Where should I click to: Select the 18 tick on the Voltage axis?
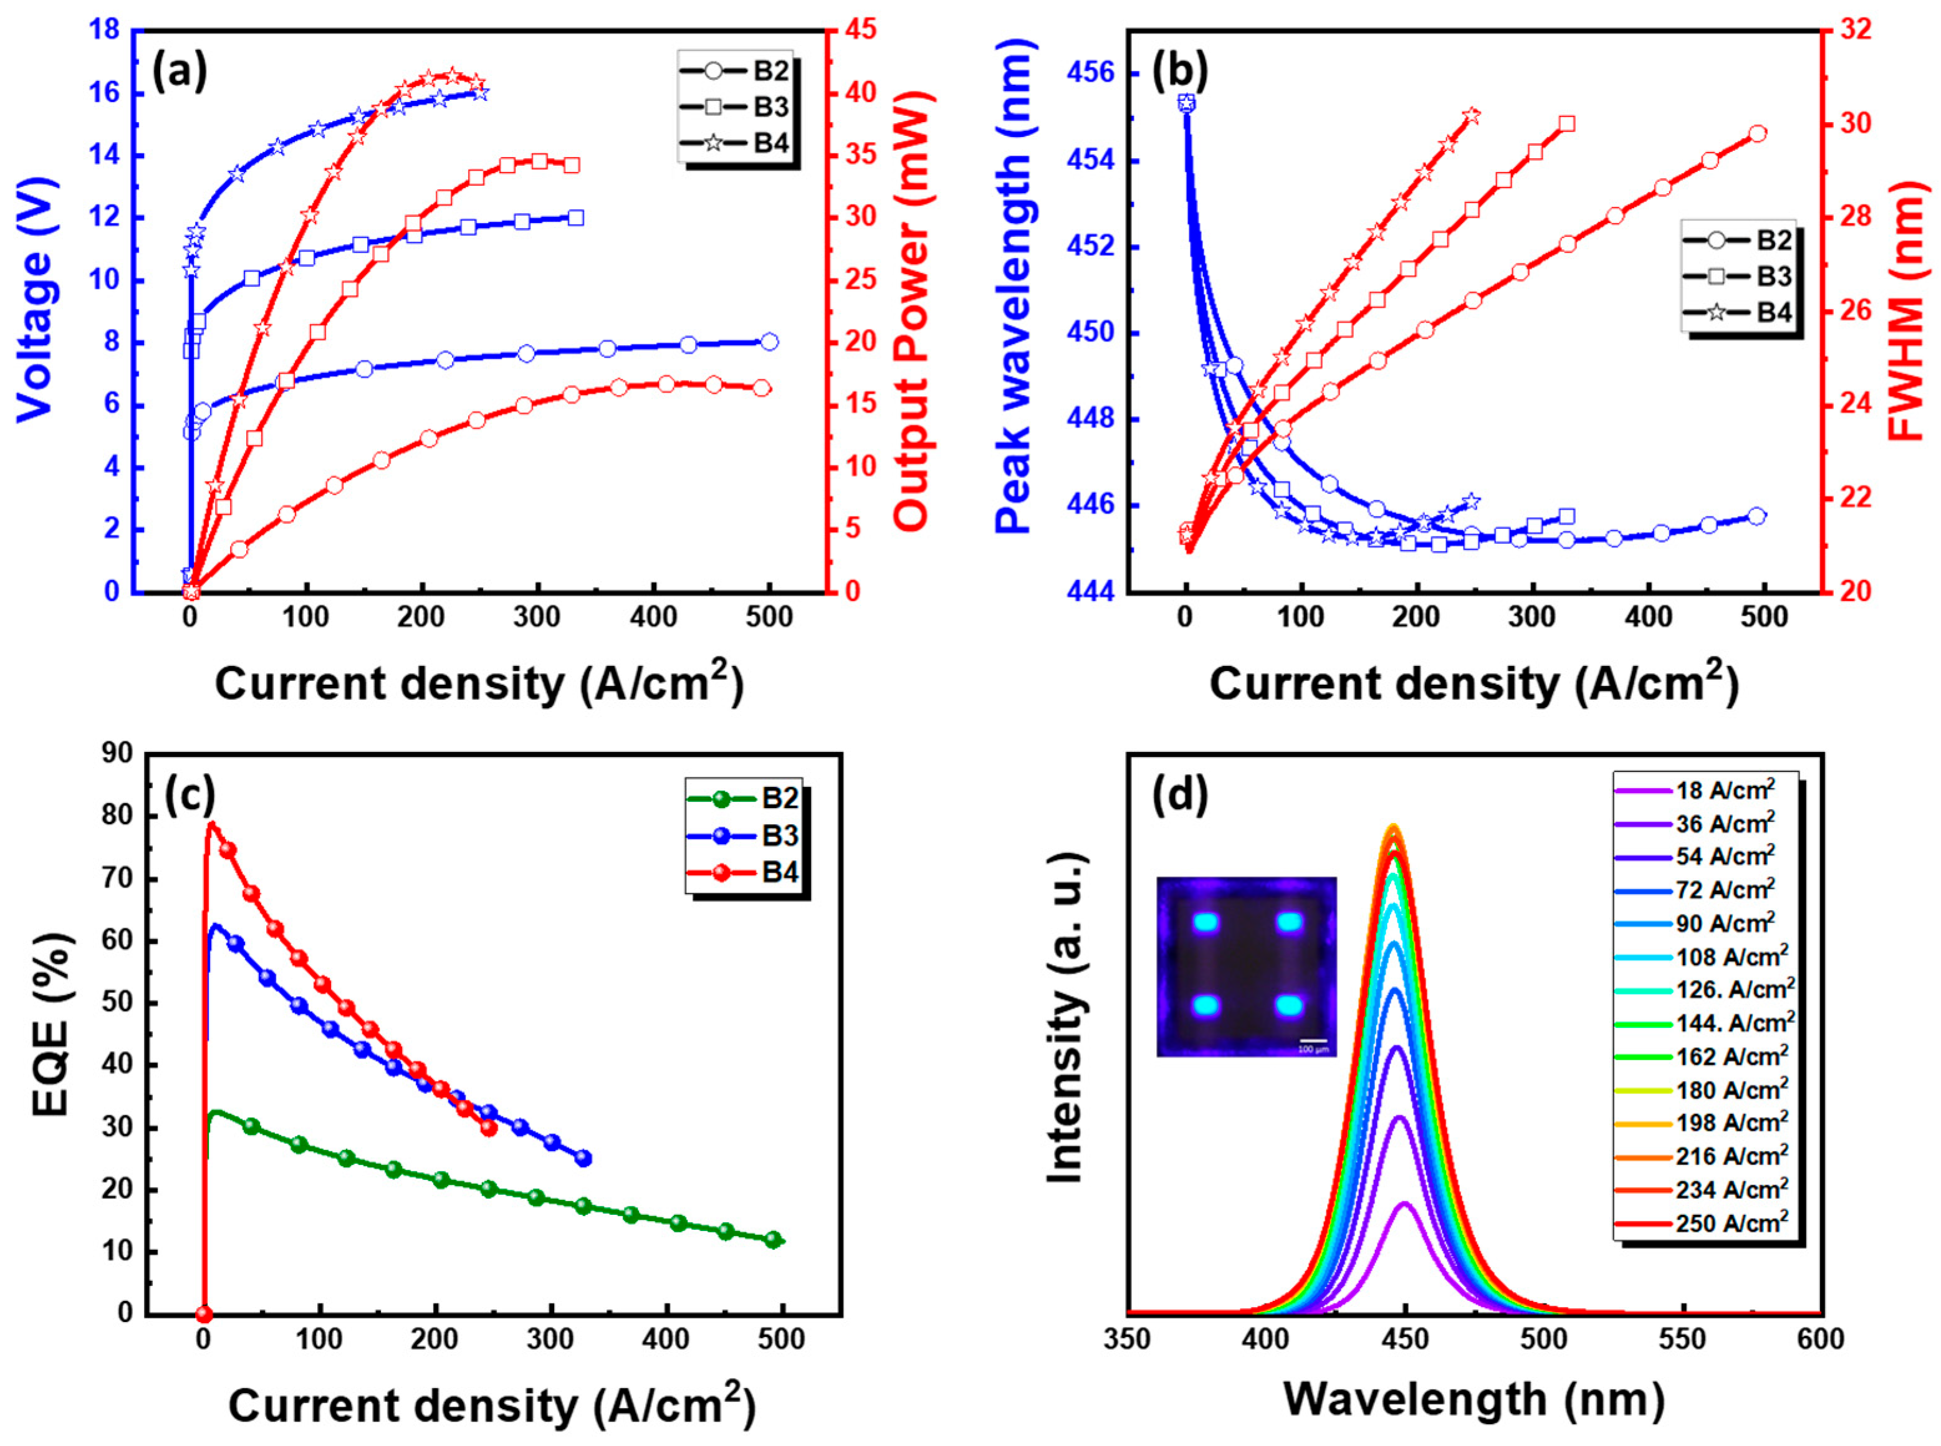103,31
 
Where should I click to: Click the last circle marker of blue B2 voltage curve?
769,342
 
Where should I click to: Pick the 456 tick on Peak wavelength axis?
1091,74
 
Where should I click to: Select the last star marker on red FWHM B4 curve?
1472,115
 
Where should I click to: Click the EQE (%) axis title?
50,1033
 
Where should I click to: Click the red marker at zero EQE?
204,1314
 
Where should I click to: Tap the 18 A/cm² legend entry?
1698,791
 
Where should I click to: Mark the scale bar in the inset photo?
1312,1042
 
